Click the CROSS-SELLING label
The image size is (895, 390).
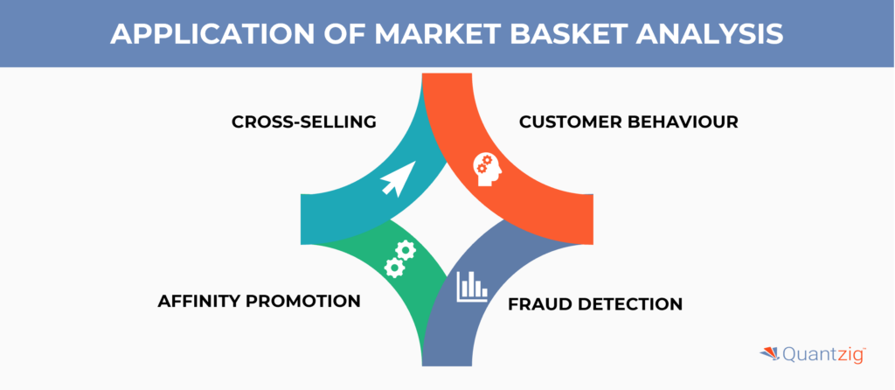point(303,122)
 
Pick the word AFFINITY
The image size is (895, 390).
point(202,301)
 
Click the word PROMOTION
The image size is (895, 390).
point(307,301)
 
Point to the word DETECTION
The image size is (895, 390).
point(634,304)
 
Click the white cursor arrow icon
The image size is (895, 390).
point(395,180)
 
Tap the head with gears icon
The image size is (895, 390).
point(488,168)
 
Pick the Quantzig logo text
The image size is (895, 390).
point(821,355)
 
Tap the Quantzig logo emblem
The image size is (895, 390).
point(772,354)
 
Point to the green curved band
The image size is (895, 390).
point(385,280)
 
